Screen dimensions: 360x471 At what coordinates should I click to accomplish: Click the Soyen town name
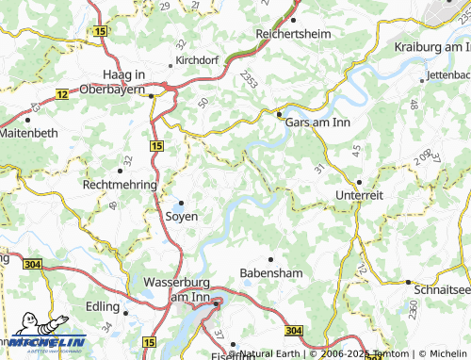[181, 216]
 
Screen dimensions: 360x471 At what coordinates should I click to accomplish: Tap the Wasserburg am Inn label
[180, 289]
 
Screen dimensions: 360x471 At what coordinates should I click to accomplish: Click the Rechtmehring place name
[120, 185]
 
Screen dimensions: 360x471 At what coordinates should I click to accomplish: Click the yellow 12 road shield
[62, 94]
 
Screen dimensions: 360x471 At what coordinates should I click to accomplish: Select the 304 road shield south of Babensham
[294, 330]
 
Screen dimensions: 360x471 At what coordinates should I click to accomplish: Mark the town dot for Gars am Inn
[280, 115]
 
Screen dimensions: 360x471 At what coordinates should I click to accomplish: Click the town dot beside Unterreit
[359, 182]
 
